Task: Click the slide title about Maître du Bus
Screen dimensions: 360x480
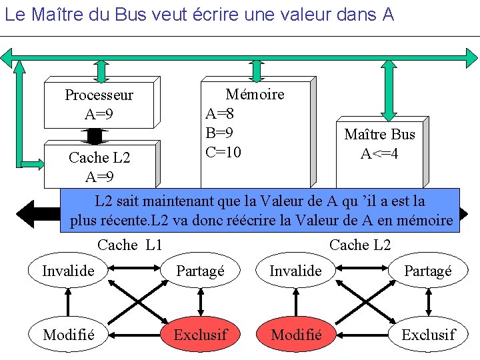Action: tap(199, 15)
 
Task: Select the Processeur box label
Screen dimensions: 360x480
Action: tap(99, 95)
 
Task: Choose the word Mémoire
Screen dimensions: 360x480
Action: tap(255, 95)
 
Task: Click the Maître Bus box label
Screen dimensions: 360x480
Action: tap(379, 135)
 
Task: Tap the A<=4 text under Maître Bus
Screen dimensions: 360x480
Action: tap(379, 154)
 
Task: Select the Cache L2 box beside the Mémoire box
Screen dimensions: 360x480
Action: tap(99, 167)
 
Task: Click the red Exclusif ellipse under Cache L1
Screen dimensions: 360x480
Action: tap(200, 334)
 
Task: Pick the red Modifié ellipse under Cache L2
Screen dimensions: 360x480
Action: tap(297, 334)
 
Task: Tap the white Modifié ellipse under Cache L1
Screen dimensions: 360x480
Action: tap(68, 334)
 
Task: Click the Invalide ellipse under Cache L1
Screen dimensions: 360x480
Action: tap(68, 271)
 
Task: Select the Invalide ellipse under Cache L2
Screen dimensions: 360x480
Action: tap(295, 271)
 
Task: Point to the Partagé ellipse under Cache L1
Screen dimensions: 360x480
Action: tap(201, 271)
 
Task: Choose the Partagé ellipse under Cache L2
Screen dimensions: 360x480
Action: tap(428, 271)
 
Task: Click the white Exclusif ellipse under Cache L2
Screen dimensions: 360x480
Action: tap(428, 334)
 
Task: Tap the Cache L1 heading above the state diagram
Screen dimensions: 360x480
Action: tap(130, 245)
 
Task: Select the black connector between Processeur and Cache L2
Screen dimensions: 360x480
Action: tap(95, 135)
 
